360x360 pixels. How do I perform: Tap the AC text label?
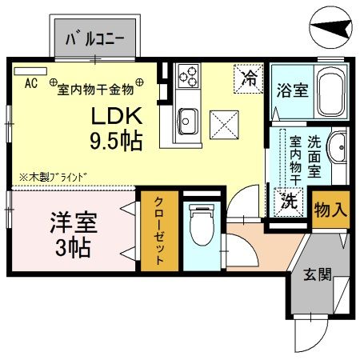click(31, 82)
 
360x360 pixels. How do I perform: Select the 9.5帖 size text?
click(116, 142)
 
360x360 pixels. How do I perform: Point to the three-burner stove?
click(189, 76)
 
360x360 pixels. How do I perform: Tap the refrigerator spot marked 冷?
click(250, 78)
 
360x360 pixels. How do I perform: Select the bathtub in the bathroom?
click(329, 93)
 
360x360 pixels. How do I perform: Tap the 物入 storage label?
click(330, 211)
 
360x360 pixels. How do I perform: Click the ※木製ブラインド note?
click(53, 175)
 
